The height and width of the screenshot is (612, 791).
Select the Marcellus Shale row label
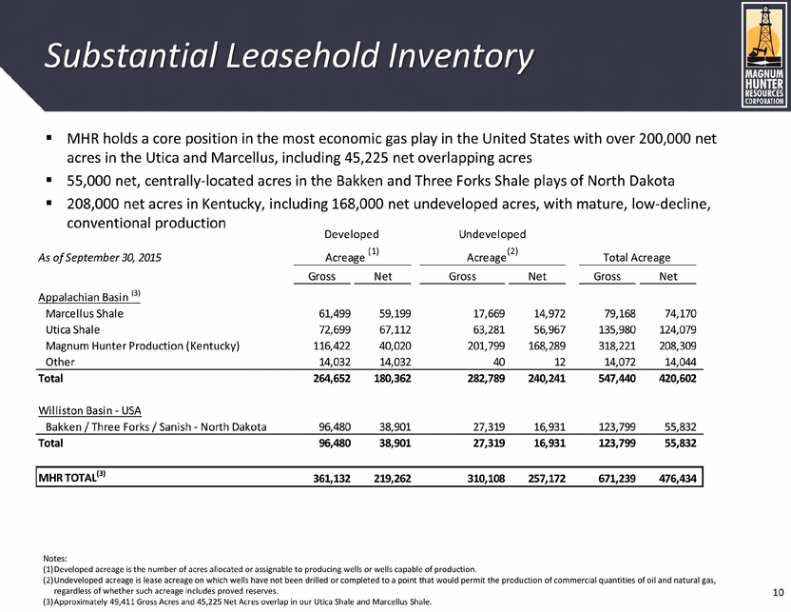85,312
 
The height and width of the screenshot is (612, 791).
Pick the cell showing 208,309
677,345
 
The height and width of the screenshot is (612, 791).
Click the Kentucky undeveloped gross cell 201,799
472,345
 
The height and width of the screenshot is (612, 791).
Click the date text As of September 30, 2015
97,258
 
